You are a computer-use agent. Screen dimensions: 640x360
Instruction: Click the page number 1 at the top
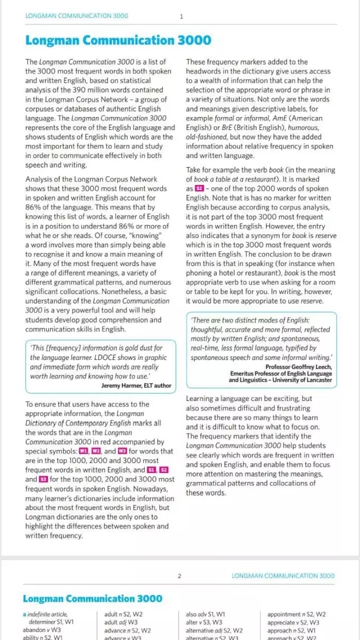(181, 16)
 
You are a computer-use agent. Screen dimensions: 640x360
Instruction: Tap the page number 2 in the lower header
(179, 575)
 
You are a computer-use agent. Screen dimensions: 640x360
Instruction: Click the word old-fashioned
(207, 137)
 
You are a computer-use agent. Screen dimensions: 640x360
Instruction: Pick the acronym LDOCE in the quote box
(109, 358)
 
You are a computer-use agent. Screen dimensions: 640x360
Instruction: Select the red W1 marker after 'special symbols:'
(84, 452)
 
